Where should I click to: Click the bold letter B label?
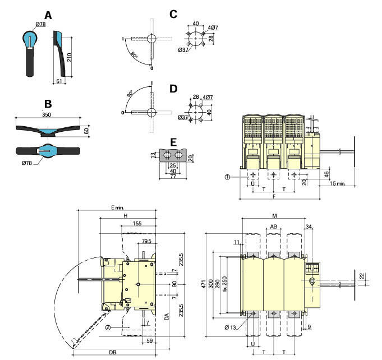(48, 104)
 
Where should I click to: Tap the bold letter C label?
(173, 13)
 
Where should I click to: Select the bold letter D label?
(173, 89)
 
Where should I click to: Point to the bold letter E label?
(173, 141)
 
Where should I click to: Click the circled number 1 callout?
(228, 177)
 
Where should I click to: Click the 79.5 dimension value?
(147, 242)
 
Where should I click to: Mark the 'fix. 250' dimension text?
(225, 284)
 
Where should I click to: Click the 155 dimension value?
(137, 223)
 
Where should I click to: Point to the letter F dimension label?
(274, 197)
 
